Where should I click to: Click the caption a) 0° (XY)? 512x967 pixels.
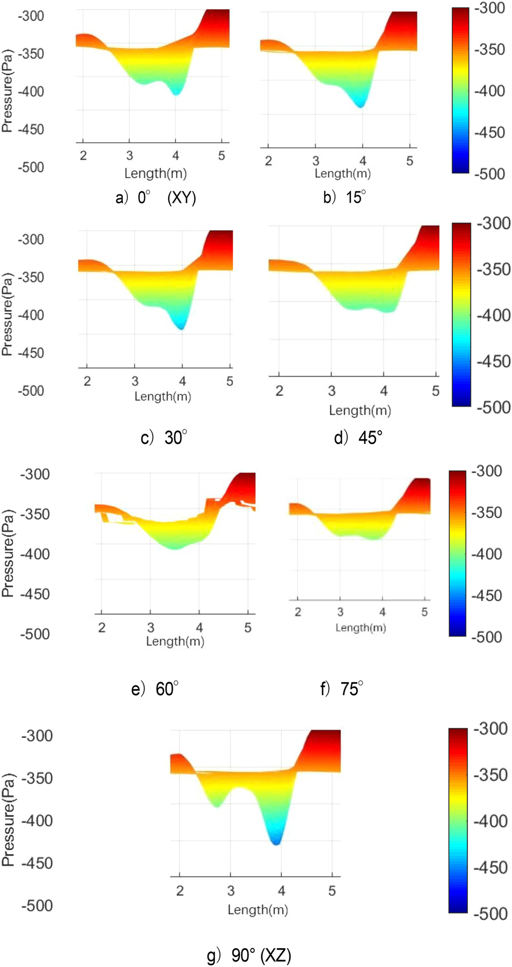click(x=156, y=197)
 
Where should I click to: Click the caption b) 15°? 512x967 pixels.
click(x=344, y=197)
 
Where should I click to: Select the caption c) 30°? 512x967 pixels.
click(x=164, y=437)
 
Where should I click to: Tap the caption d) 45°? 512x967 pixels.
click(x=358, y=437)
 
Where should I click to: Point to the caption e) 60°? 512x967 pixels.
click(x=155, y=689)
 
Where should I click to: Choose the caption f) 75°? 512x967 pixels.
click(x=342, y=689)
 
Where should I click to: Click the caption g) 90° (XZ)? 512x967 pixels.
click(x=249, y=955)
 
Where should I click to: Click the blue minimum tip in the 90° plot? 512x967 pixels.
click(x=276, y=842)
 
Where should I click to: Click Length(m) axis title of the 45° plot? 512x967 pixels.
click(x=360, y=410)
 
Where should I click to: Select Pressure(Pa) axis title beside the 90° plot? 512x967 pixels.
click(x=8, y=820)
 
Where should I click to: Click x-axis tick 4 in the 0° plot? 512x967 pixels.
click(x=176, y=155)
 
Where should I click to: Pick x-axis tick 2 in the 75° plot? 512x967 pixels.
click(x=298, y=612)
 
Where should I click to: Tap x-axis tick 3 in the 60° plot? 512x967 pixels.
click(x=151, y=627)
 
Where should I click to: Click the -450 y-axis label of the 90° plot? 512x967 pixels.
click(x=37, y=862)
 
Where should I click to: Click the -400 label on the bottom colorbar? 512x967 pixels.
click(x=490, y=821)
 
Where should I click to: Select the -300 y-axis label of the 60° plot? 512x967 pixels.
click(x=34, y=474)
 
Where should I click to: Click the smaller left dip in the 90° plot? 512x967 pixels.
click(x=217, y=805)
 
